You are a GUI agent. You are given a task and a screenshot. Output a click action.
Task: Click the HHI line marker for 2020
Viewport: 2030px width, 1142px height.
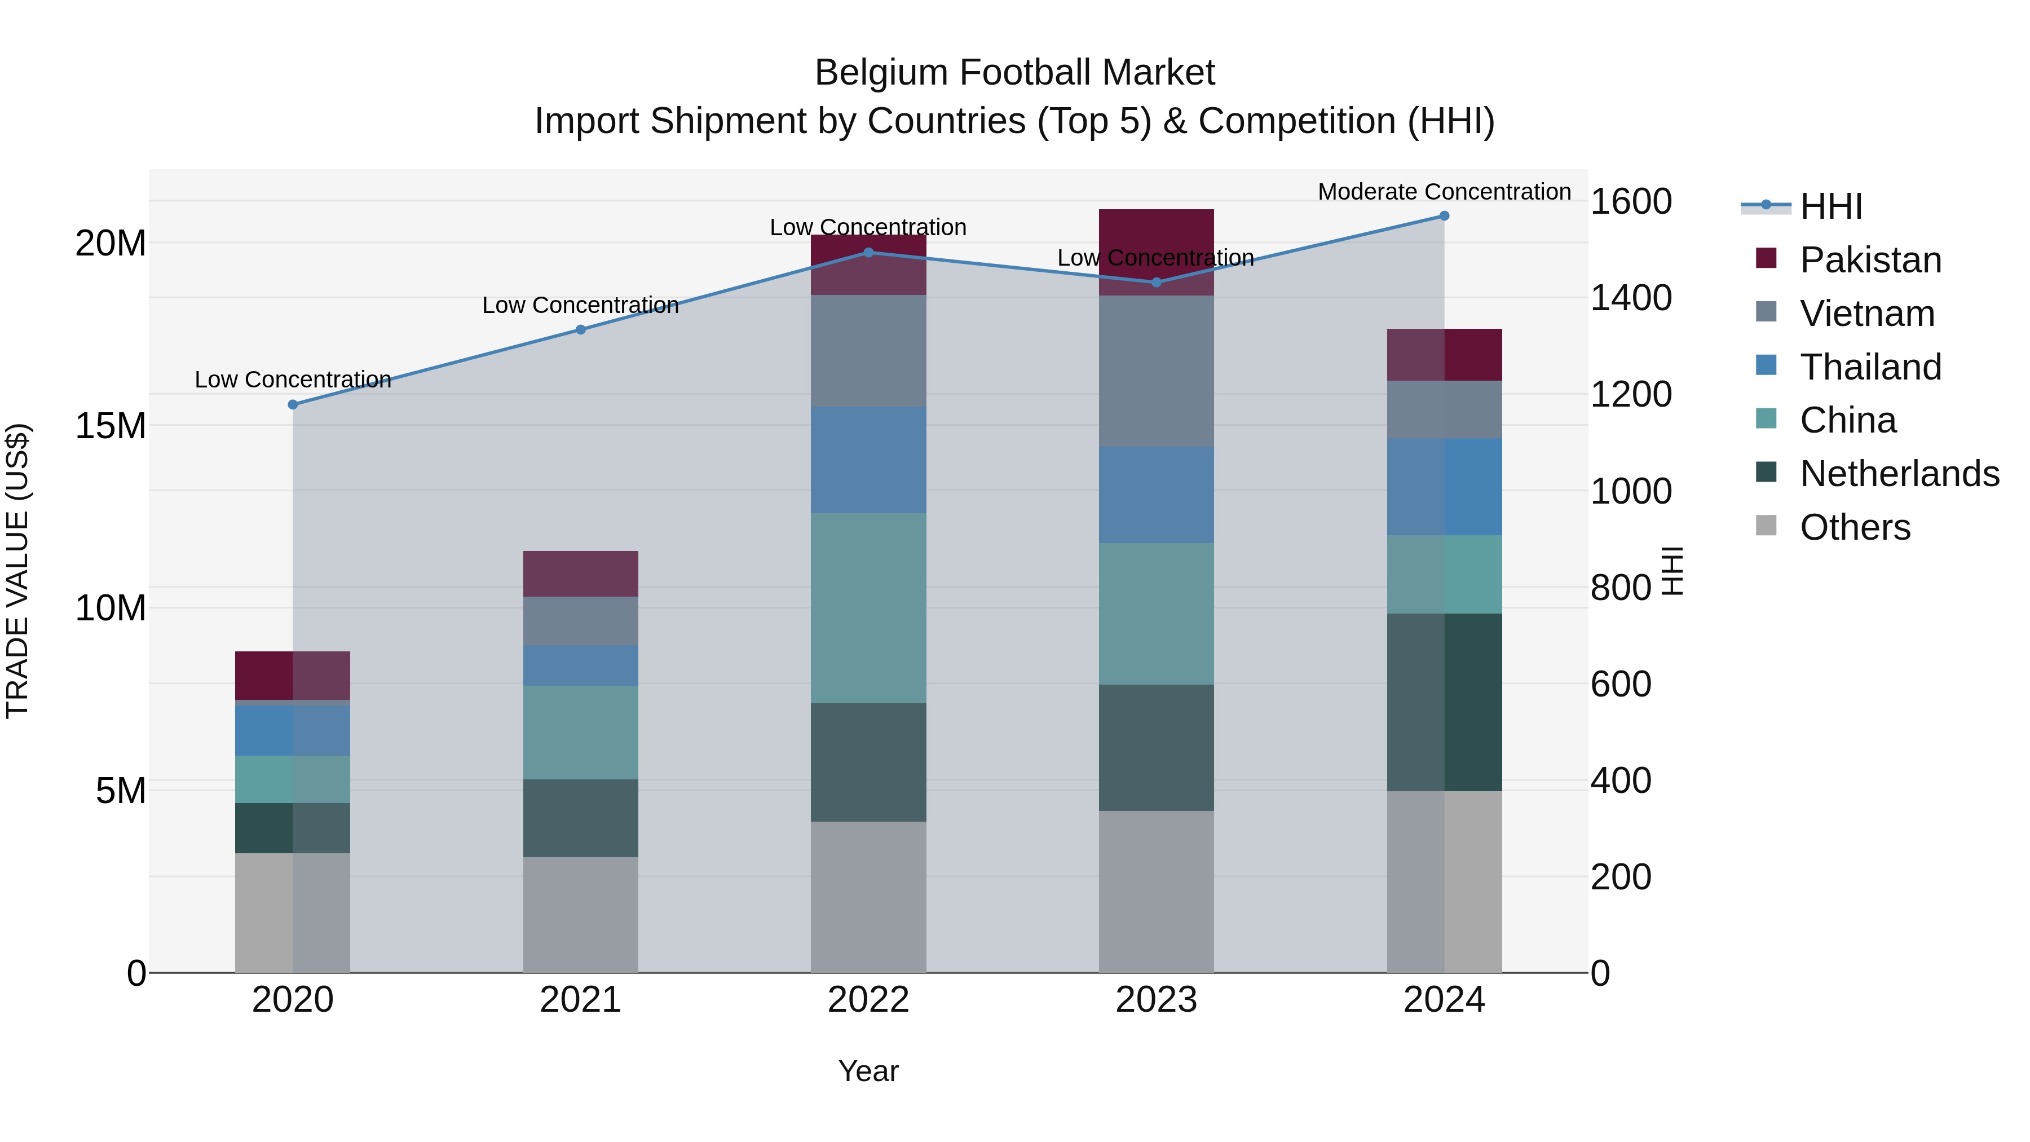292,404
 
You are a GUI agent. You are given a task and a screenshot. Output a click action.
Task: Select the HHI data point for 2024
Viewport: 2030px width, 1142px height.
1444,216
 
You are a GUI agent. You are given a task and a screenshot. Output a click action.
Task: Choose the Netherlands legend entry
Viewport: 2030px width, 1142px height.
1899,474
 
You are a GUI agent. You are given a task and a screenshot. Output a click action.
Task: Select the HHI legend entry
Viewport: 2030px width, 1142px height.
1830,206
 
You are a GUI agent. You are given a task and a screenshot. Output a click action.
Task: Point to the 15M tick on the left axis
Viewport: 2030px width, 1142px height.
111,426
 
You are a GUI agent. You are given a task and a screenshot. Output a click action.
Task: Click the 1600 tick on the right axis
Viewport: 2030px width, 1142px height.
1630,202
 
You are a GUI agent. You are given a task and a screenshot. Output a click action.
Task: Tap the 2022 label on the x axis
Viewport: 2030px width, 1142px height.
868,1000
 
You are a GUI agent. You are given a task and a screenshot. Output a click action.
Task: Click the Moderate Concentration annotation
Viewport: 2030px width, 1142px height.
1444,192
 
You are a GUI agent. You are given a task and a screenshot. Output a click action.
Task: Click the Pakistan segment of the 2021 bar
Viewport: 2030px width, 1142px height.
581,574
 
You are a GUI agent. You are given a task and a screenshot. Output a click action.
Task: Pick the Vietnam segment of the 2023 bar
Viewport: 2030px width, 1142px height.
1156,371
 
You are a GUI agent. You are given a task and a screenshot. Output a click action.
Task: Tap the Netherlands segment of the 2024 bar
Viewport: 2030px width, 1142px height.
1444,702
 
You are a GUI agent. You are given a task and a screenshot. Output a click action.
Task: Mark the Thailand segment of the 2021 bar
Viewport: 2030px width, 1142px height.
581,665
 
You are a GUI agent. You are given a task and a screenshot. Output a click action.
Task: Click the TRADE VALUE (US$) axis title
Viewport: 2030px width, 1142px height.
17,571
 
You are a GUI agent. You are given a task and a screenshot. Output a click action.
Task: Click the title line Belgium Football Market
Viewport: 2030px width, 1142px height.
1014,73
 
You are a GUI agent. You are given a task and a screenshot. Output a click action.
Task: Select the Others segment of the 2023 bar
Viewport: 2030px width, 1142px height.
1156,892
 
